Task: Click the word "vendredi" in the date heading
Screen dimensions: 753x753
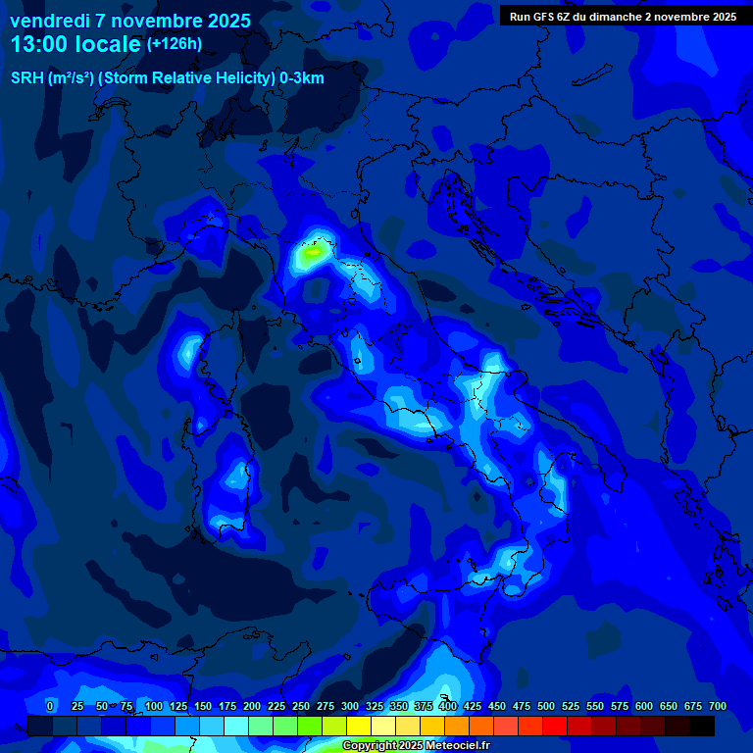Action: tap(48, 21)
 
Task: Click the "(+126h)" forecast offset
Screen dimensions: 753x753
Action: tap(174, 44)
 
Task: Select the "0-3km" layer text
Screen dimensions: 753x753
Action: tap(301, 78)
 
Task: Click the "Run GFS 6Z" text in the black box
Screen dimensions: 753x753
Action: tap(541, 17)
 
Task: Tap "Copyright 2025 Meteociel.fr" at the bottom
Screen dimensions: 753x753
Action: tap(416, 746)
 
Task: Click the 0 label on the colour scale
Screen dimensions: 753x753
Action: tap(50, 706)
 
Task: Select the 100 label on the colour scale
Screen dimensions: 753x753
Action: tap(153, 706)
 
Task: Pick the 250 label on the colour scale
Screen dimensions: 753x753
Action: tap(300, 706)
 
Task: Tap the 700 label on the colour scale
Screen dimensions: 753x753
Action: tap(717, 706)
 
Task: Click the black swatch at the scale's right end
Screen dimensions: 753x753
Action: tap(702, 726)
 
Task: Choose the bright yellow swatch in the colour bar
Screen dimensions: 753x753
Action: tap(359, 726)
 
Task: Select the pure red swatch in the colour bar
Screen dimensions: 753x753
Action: tap(555, 726)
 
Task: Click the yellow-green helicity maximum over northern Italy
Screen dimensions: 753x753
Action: tap(313, 252)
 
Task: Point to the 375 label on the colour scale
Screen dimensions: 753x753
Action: tap(423, 706)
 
